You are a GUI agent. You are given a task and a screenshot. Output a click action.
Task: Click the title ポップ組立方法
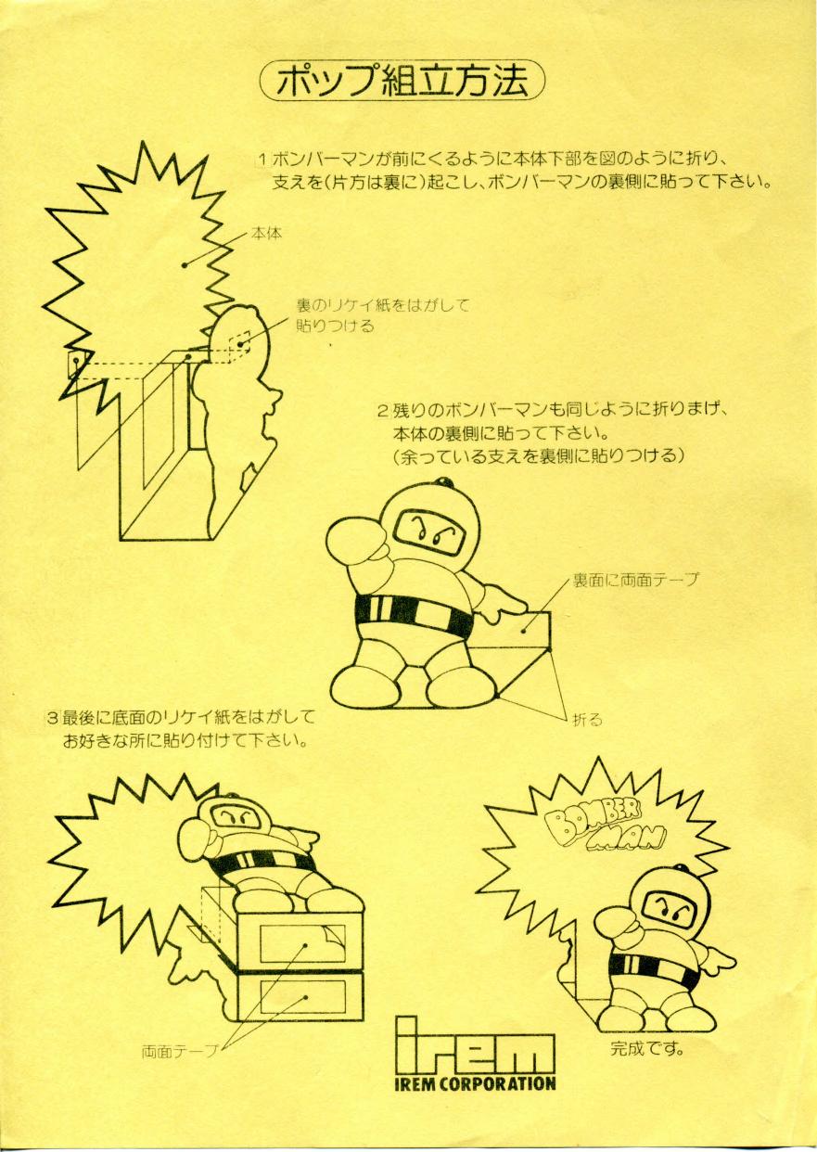[x=402, y=80]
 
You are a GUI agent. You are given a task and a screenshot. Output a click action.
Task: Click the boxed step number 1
[x=262, y=160]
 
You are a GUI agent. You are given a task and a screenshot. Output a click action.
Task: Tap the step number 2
[x=384, y=411]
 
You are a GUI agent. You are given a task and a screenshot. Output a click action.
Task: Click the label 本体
[x=266, y=235]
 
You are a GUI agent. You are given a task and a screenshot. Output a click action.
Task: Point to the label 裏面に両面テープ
[x=635, y=580]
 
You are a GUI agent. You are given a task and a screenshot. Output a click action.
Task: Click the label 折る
[x=587, y=720]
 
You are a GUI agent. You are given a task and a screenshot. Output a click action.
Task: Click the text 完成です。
[x=647, y=1033]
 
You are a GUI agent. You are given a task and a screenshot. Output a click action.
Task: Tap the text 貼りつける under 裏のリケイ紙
[x=335, y=326]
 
